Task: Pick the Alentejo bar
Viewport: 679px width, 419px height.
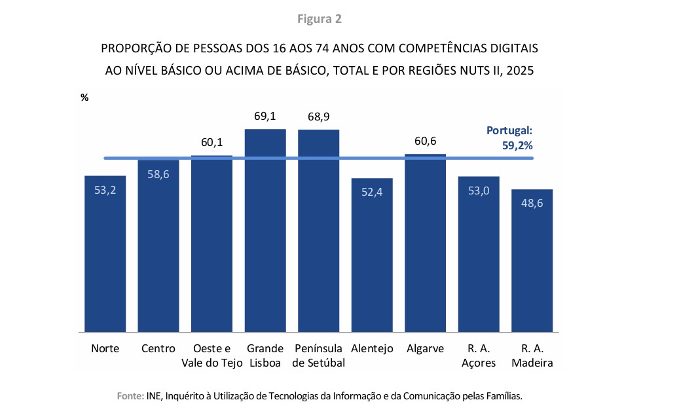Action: (x=372, y=255)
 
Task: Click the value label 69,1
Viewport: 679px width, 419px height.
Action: (x=265, y=117)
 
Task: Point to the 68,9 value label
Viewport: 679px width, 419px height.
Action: (x=318, y=117)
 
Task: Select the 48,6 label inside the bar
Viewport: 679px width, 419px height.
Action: (x=532, y=202)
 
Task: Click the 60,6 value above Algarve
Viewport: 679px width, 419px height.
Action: (x=425, y=142)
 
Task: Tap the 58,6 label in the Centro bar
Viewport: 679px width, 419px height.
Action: (x=158, y=175)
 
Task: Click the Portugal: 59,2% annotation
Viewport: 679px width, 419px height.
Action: (x=514, y=139)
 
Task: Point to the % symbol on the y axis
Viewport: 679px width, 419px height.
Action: (x=84, y=97)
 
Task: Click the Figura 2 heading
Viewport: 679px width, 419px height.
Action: (x=320, y=18)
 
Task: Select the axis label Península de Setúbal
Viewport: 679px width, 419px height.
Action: (x=318, y=355)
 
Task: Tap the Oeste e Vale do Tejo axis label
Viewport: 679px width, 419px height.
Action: (x=212, y=355)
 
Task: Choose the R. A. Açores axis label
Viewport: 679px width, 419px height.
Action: (x=479, y=355)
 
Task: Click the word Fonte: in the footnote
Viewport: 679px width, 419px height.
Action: (x=129, y=396)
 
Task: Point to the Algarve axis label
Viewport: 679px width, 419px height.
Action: (x=425, y=348)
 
